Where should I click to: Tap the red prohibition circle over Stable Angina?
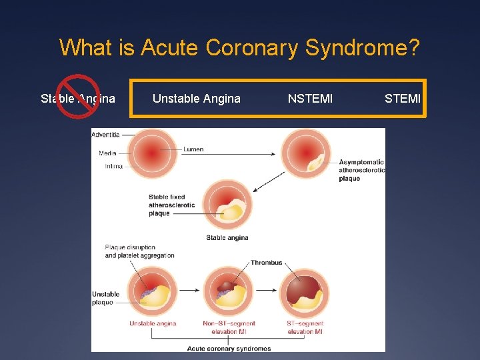point(78,97)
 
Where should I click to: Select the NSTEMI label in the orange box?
point(310,99)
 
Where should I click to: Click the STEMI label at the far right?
point(402,99)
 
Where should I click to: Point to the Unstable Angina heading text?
point(196,99)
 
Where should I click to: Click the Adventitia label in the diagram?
point(105,134)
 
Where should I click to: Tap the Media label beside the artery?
point(107,153)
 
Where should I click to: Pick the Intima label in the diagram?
point(113,166)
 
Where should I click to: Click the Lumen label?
point(193,149)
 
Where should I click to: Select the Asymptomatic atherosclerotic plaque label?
point(361,170)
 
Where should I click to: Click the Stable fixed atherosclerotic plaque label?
point(172,205)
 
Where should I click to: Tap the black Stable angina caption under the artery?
point(227,237)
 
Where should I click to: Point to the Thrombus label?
point(266,263)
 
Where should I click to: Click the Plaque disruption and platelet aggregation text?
point(139,251)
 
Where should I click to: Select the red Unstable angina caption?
point(153,323)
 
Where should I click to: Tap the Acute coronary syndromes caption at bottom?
point(229,349)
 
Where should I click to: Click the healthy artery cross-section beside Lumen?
point(152,153)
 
